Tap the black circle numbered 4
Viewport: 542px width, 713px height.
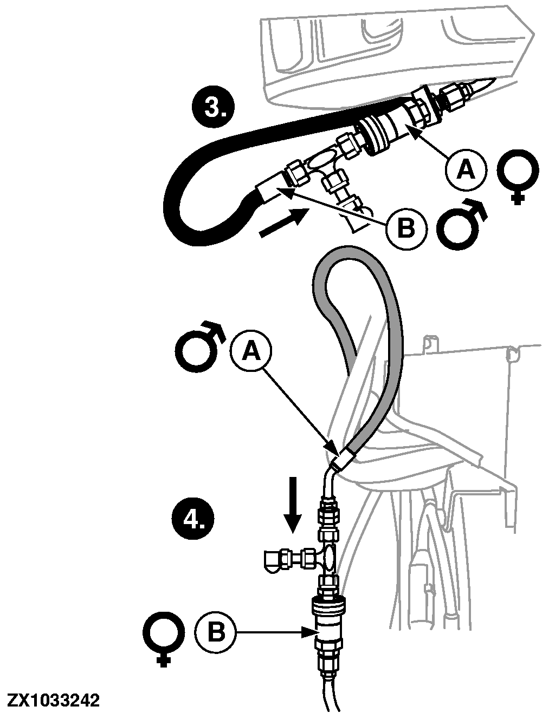(x=193, y=519)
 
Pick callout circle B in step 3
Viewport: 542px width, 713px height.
(x=406, y=228)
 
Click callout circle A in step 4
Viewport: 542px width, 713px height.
(x=251, y=351)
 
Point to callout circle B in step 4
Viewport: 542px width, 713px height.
(x=215, y=633)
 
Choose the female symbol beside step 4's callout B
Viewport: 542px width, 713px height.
(x=162, y=639)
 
